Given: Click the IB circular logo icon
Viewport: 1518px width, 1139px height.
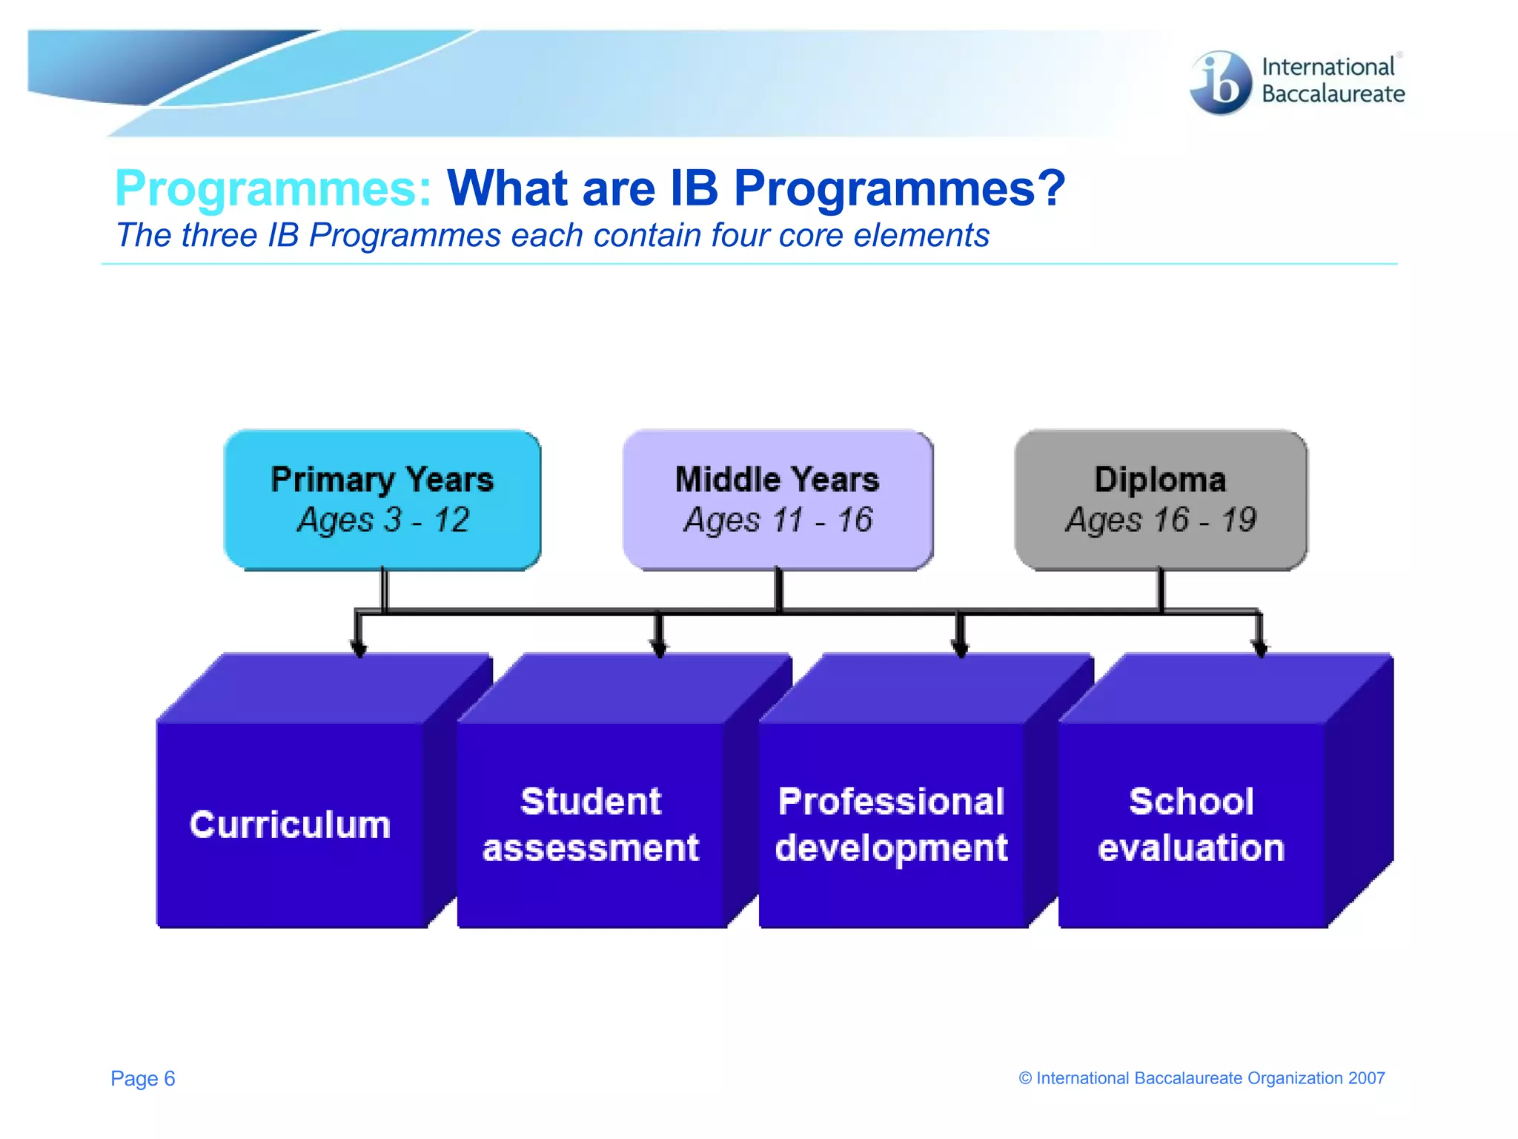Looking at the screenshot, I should coord(1220,82).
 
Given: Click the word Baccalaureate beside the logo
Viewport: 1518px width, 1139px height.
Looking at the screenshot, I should coord(1333,94).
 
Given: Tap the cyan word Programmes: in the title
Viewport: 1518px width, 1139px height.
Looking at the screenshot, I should coord(274,188).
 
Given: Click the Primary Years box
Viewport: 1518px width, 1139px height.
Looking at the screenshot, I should coord(382,500).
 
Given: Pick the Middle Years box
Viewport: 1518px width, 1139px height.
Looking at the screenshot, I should coord(778,500).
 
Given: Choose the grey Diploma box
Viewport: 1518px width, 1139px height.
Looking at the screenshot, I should coord(1161,500).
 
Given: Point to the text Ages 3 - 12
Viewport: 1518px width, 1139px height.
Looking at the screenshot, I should coord(383,520).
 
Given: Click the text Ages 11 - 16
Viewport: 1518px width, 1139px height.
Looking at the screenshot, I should coord(778,520).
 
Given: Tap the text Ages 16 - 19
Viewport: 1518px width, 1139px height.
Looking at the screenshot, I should coord(1161,520).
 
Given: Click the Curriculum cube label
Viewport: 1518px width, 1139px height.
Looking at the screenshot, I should coord(290,825).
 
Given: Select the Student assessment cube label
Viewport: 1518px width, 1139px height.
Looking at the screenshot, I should coord(591,825).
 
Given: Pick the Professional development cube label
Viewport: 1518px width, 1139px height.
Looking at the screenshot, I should coord(892,825).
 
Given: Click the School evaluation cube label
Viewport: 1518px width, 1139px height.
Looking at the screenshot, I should coord(1191,825).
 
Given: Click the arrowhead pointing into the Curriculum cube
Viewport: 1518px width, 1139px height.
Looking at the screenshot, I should coord(359,649).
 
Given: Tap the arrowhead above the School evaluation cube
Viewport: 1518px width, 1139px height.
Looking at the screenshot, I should coord(1259,649).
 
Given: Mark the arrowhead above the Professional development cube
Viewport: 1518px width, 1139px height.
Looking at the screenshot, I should coord(961,649).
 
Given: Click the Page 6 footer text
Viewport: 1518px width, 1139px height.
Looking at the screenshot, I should coord(143,1078).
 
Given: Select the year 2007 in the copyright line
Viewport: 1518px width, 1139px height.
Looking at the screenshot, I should coord(1366,1078).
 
